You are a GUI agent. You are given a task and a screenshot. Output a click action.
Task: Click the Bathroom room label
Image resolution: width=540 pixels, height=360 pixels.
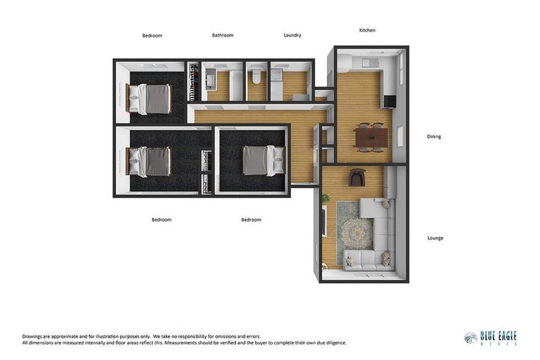point(223,35)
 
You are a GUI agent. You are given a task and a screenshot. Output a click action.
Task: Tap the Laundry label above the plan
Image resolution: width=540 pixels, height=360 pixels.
point(292,35)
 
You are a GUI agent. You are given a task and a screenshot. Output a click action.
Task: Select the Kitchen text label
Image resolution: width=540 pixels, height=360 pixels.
point(367,30)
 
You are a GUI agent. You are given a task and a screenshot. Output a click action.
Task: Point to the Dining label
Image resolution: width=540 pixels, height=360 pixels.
point(434,136)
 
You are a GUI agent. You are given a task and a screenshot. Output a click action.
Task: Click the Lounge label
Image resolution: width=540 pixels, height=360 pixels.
point(435,238)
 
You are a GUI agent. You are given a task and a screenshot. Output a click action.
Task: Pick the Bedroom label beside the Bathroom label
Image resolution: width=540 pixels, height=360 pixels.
point(152,35)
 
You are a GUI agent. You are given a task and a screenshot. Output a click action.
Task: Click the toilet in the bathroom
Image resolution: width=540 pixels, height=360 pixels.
point(257,77)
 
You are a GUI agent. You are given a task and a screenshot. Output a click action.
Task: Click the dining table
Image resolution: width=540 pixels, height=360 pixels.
point(369,136)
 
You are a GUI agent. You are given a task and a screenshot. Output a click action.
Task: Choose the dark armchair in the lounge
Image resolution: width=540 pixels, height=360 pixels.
point(356,178)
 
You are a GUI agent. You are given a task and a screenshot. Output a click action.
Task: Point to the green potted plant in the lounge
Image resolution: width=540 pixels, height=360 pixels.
point(326,199)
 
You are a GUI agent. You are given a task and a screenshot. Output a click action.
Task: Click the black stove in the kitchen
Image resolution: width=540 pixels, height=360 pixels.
point(389,101)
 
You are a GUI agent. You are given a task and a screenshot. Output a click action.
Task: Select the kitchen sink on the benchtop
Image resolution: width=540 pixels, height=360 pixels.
point(368,62)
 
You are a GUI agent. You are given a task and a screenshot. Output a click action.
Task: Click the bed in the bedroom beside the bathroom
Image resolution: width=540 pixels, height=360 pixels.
point(152,98)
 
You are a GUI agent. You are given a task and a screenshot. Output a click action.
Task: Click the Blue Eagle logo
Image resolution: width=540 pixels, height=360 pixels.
point(490,338)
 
